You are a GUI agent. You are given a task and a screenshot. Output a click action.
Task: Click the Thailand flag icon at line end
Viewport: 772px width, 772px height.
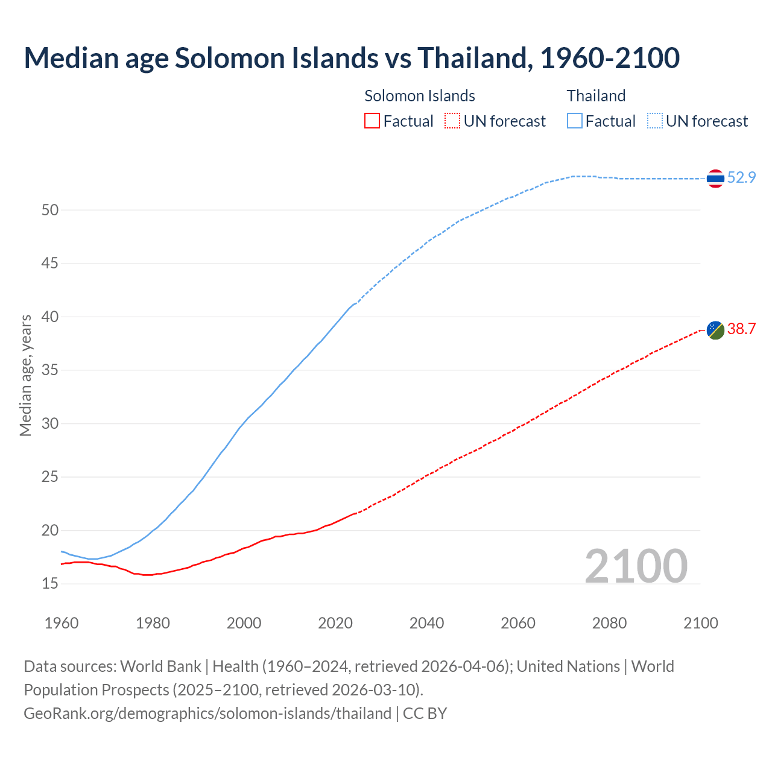tap(715, 179)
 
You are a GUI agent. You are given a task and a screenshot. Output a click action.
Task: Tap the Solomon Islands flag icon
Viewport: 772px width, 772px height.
tap(715, 330)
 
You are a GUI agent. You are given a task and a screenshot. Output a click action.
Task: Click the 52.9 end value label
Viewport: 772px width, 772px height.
tap(741, 177)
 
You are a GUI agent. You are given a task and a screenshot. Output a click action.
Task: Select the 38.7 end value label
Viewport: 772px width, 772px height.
tap(741, 329)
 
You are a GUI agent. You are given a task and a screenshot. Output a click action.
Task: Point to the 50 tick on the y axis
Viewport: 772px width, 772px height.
tap(50, 210)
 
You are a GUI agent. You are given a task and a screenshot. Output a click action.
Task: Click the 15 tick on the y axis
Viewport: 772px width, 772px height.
tap(50, 584)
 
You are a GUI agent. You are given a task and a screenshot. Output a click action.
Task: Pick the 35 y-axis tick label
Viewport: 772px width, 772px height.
tap(50, 370)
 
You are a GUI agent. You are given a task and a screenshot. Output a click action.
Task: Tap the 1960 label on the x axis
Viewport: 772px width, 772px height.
tap(62, 623)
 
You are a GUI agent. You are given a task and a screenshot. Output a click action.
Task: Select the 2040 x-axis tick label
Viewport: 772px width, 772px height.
tap(426, 623)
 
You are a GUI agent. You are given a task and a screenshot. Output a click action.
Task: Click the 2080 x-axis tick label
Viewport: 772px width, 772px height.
tap(609, 623)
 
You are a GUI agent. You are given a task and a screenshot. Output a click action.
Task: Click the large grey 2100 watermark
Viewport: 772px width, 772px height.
tap(636, 566)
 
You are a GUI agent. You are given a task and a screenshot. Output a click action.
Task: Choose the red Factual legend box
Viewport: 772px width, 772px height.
tap(372, 121)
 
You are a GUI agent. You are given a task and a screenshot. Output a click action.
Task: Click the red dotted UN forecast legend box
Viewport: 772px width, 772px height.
tap(452, 121)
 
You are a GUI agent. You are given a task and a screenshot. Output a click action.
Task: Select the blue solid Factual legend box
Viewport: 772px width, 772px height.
tap(575, 121)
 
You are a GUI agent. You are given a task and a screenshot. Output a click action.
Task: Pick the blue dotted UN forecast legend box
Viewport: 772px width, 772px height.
tap(654, 121)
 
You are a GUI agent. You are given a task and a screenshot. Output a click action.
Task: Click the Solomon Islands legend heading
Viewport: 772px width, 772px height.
tap(420, 96)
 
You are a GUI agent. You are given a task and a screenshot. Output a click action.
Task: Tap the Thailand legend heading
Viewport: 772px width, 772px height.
tap(596, 96)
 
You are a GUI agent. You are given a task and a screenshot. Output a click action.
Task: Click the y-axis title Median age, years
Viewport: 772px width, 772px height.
tap(25, 375)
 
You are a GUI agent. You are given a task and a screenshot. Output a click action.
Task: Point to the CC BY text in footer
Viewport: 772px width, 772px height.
tap(425, 713)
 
